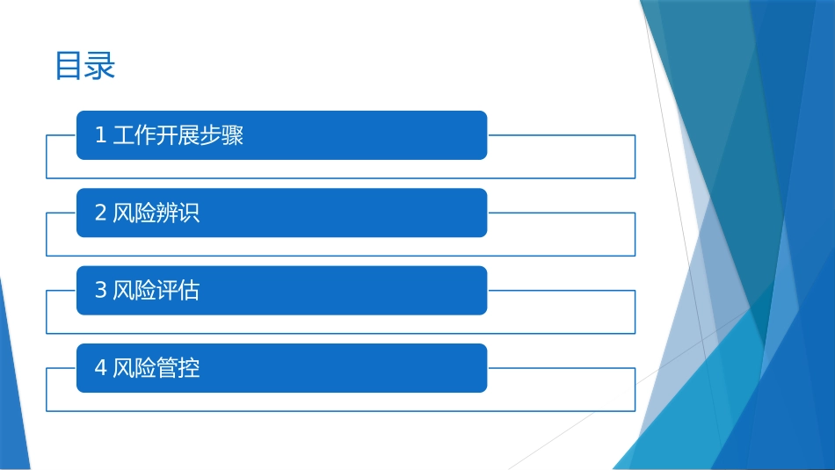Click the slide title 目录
tap(85, 67)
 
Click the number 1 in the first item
tap(100, 135)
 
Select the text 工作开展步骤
tap(178, 135)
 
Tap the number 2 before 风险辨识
tap(100, 213)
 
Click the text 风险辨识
tap(156, 213)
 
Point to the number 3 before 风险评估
tap(100, 290)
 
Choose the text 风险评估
tap(156, 290)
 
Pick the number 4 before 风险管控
tap(100, 367)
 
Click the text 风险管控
tap(156, 367)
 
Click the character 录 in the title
tap(100, 67)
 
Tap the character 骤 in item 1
tap(233, 135)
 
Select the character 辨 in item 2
tap(167, 213)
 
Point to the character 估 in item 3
tap(189, 290)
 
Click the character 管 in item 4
tap(167, 367)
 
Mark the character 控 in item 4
tap(189, 367)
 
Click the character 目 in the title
tap(69, 67)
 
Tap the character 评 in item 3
tap(167, 290)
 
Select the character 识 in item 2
tap(189, 213)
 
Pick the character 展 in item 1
tap(189, 135)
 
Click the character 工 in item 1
tap(124, 135)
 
